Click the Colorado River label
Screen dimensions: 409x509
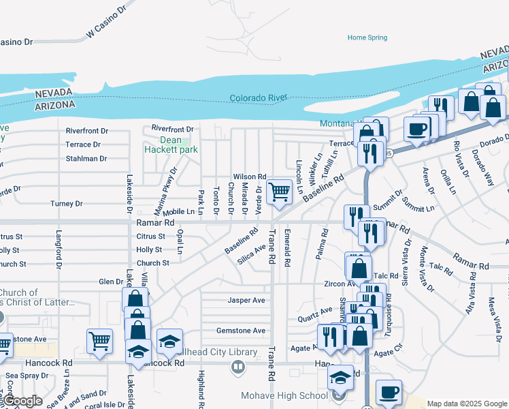(x=259, y=98)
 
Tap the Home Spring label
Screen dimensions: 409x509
(x=367, y=37)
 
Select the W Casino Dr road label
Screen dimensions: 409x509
(x=108, y=28)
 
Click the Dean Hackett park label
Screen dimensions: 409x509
(x=171, y=145)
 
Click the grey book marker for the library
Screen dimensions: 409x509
(x=237, y=367)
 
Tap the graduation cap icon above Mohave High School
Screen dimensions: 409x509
(x=340, y=378)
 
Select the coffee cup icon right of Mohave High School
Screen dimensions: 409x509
(x=389, y=392)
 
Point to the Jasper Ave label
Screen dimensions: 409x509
(x=246, y=300)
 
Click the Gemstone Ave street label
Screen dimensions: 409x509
(x=241, y=331)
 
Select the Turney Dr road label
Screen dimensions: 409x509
(x=67, y=204)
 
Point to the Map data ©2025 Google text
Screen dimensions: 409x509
(x=466, y=404)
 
